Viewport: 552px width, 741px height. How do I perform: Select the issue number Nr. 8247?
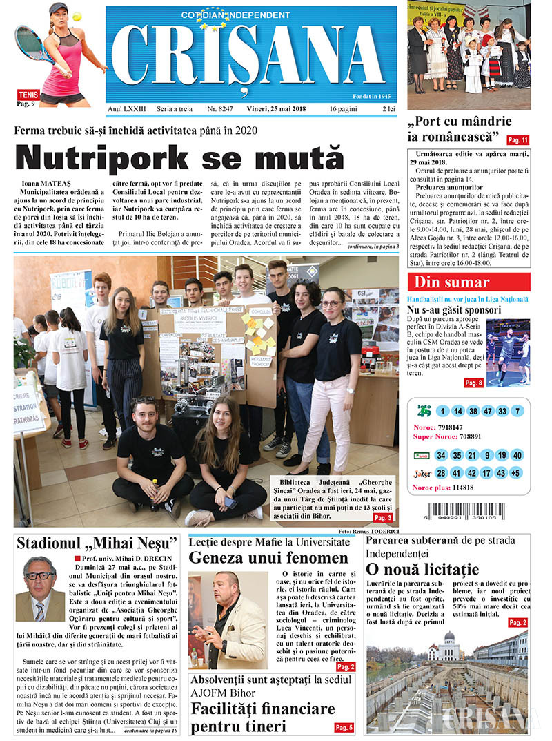221,109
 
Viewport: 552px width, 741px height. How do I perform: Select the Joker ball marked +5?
516,474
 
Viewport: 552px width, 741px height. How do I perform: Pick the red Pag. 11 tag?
517,139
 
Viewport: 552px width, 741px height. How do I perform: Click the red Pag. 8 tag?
473,383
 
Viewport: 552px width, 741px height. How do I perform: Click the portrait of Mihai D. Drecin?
40,589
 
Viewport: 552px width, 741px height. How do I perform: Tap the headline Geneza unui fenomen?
268,557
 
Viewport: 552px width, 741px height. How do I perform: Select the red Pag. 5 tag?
344,727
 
